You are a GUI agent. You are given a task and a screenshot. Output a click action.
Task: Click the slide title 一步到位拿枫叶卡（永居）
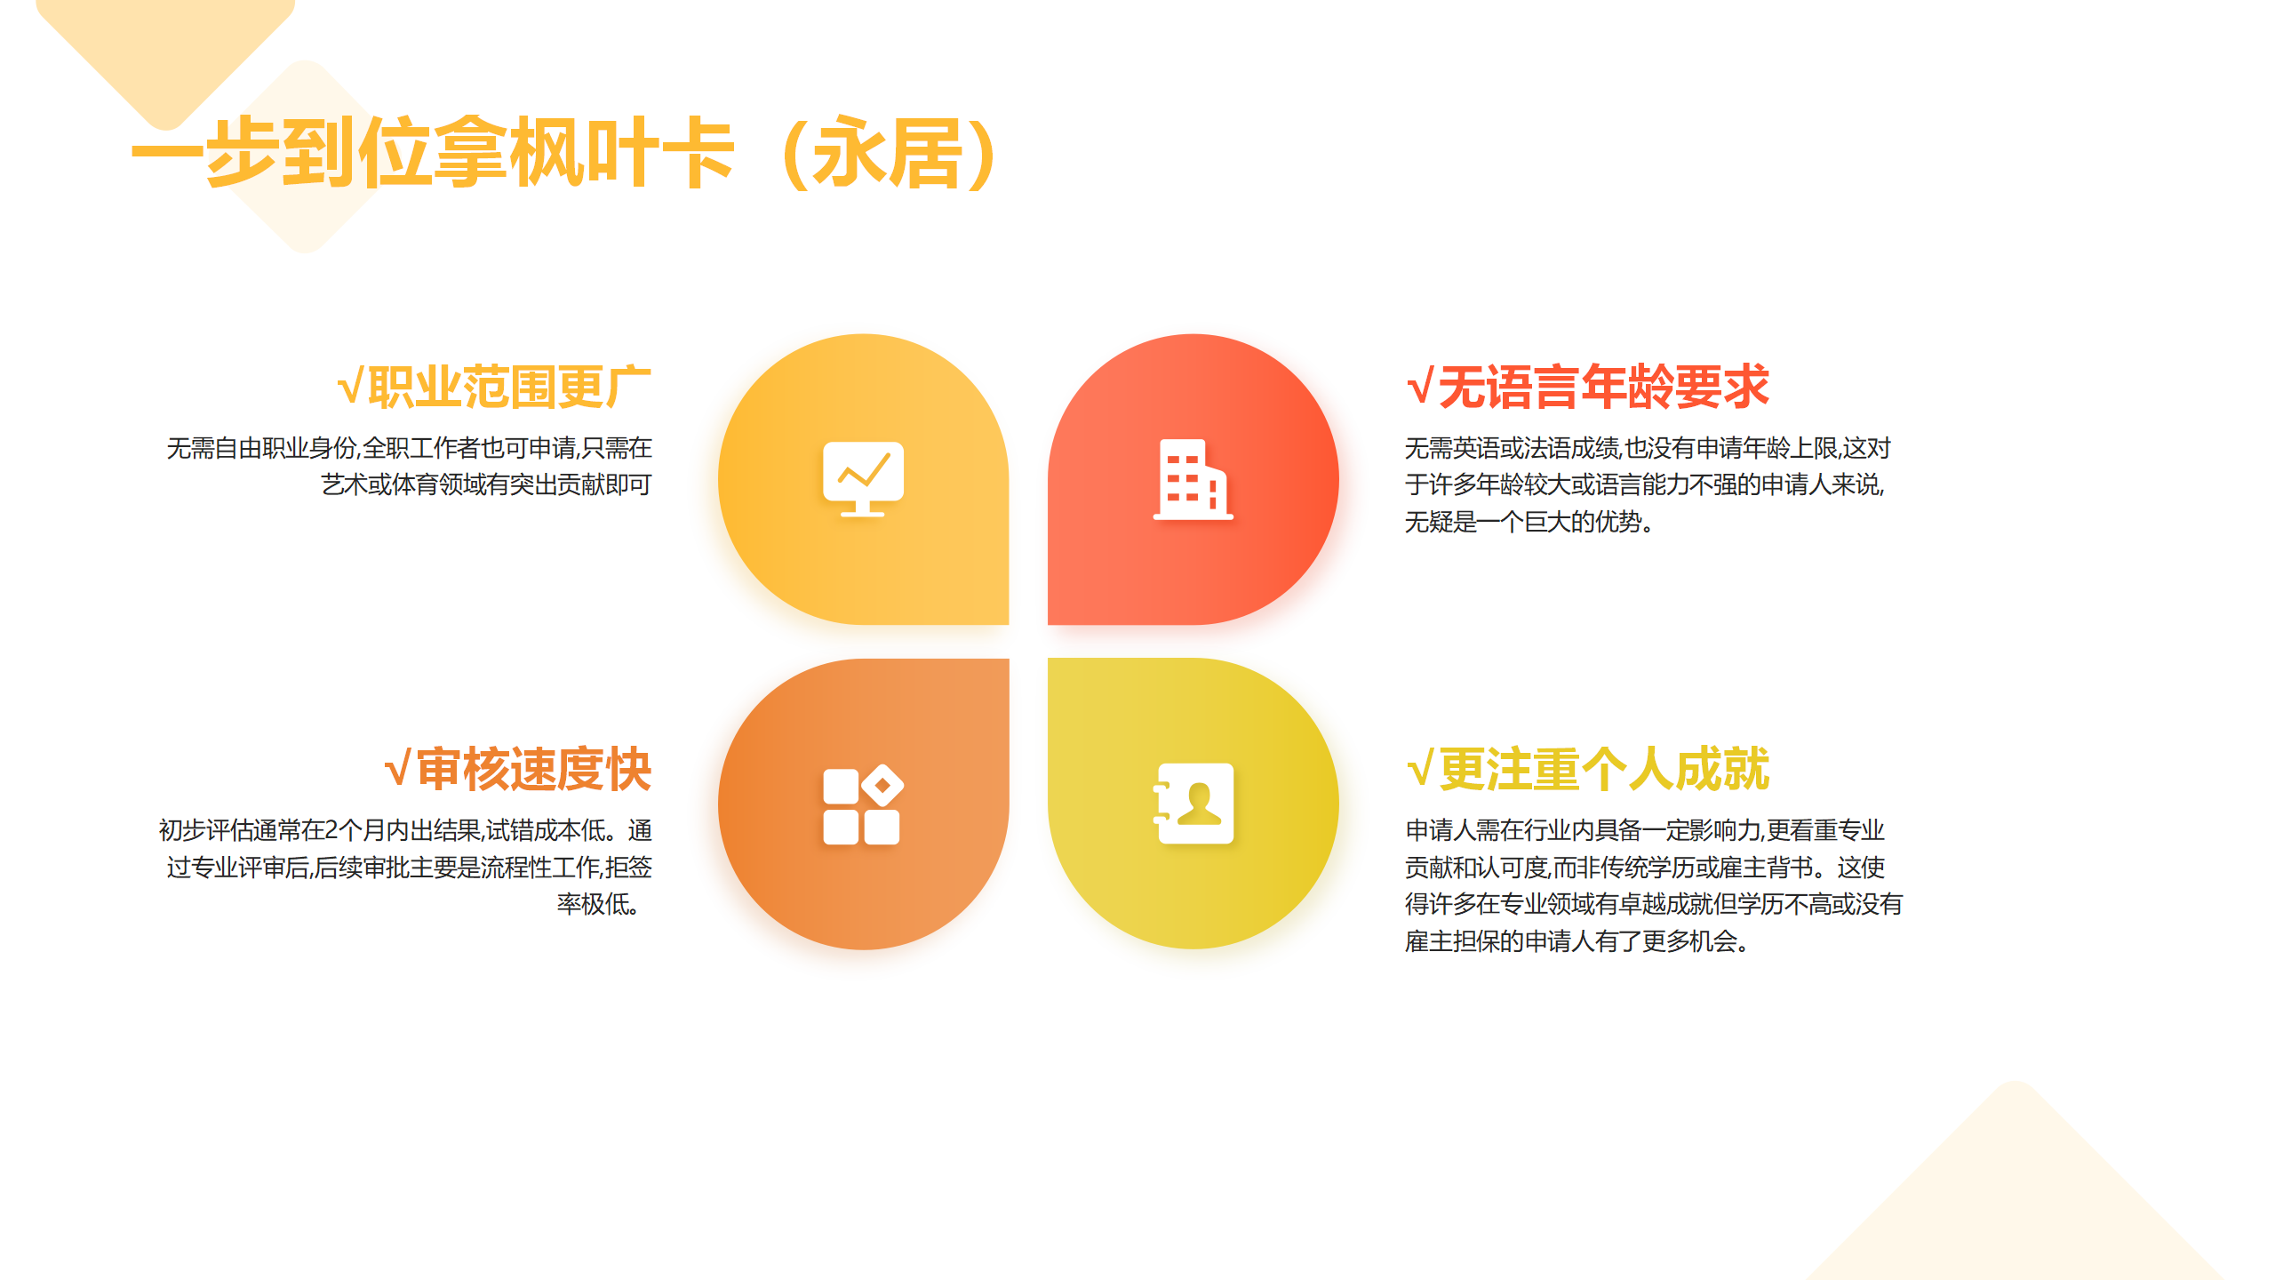(569, 153)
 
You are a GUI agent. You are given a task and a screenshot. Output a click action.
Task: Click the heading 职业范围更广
(510, 387)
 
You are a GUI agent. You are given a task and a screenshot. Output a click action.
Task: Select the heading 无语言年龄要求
(1604, 387)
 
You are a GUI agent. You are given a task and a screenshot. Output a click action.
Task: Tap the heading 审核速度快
(534, 769)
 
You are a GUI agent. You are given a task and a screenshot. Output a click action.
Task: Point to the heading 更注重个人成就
(1604, 769)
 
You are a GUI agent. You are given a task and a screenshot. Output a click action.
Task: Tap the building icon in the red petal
(1193, 479)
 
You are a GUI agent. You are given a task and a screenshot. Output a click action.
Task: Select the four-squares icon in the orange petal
(863, 804)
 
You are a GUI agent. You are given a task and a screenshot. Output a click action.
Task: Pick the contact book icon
(1193, 804)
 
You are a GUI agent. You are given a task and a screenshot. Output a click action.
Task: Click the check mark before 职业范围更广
(350, 388)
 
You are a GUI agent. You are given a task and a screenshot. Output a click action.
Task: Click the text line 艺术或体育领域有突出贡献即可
(486, 484)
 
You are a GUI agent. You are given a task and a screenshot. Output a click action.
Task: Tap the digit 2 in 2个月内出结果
(331, 830)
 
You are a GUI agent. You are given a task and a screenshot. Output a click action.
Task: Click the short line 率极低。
(598, 904)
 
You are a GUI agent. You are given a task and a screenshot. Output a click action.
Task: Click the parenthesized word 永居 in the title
(889, 153)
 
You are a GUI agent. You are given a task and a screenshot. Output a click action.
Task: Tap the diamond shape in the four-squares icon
(882, 785)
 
